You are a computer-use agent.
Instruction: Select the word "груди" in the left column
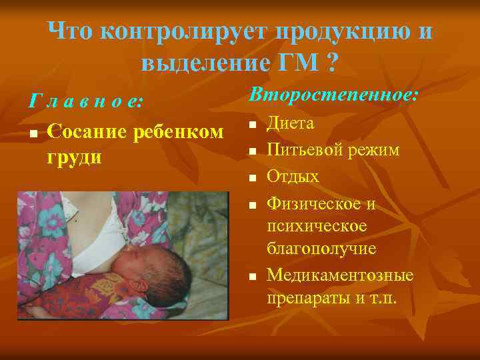[x=75, y=157]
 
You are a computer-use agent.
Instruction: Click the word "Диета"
[x=291, y=123]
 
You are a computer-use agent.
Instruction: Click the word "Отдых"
[x=293, y=177]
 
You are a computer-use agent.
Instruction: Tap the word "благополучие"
[x=321, y=249]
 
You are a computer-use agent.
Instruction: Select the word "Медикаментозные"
[x=340, y=275]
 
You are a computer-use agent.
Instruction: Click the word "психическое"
[x=317, y=226]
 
